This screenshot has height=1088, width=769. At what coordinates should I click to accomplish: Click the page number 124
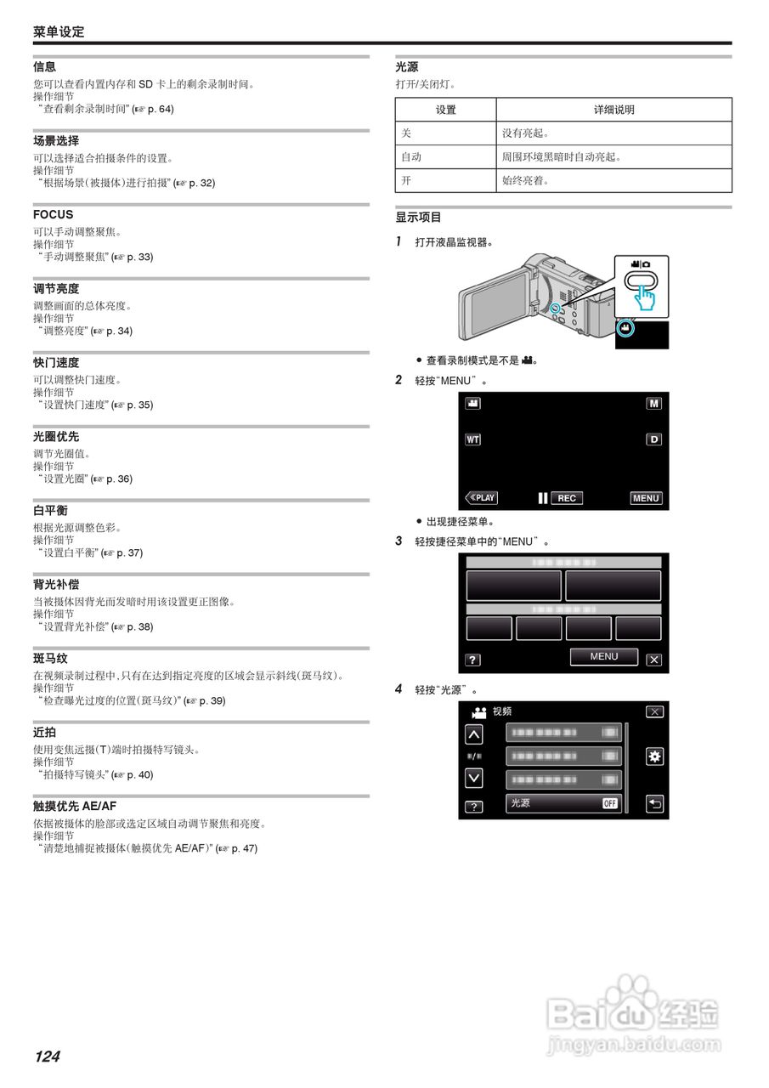click(48, 1057)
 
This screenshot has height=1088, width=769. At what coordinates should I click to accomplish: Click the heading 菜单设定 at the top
click(59, 32)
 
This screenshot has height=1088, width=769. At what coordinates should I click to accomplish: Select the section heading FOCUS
click(54, 215)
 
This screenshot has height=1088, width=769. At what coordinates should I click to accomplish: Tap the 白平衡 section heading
click(51, 511)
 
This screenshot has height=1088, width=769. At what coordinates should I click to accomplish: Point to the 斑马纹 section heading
click(51, 659)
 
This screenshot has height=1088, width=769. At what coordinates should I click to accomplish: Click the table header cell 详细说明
click(614, 110)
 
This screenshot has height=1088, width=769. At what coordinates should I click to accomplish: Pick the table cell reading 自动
click(411, 157)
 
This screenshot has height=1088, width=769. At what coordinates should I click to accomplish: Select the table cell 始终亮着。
click(526, 181)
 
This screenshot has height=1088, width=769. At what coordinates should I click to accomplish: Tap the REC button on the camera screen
click(567, 498)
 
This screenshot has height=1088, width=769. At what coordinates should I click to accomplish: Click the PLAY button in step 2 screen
click(482, 498)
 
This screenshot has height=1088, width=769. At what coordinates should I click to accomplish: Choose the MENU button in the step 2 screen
click(646, 498)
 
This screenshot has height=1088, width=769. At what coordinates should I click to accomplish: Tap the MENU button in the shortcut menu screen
click(604, 656)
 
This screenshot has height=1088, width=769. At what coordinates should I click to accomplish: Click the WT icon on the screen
click(472, 439)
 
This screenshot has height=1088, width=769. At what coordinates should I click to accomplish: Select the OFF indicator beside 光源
click(610, 803)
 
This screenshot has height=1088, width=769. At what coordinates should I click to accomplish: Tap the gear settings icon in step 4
click(654, 756)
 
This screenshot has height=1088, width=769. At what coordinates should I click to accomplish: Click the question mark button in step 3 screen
click(473, 660)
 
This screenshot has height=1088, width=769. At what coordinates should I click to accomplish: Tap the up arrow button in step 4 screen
click(473, 734)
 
